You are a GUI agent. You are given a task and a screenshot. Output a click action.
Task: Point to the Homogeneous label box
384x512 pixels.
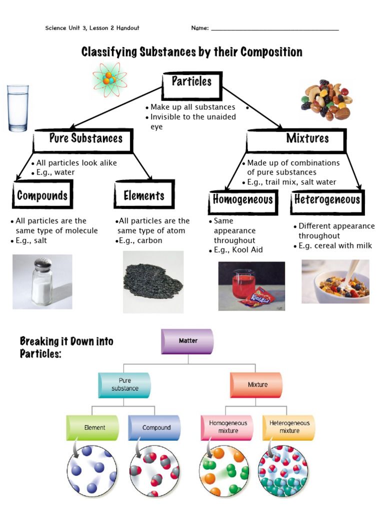coord(243,200)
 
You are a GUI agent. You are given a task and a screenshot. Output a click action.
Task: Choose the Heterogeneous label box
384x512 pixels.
coord(327,200)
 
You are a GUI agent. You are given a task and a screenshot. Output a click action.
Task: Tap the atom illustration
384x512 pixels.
coord(109,79)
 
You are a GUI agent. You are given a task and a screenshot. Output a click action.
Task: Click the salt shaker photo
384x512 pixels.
coord(42,281)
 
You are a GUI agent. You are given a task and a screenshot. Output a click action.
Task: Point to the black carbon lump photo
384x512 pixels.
coord(153,281)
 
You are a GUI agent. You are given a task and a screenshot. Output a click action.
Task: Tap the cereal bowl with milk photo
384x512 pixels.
coord(335,281)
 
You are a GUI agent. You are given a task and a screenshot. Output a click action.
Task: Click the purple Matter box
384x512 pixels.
coord(187,341)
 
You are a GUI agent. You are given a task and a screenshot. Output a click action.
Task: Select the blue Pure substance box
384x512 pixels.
coord(124,385)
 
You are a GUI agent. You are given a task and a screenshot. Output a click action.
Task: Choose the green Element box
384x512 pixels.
coord(93,428)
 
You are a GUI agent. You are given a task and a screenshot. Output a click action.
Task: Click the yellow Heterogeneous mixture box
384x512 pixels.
coord(289,427)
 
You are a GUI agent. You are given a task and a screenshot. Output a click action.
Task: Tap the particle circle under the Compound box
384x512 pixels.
coord(154,471)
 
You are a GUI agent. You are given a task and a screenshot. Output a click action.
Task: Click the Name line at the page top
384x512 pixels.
coord(274,28)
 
